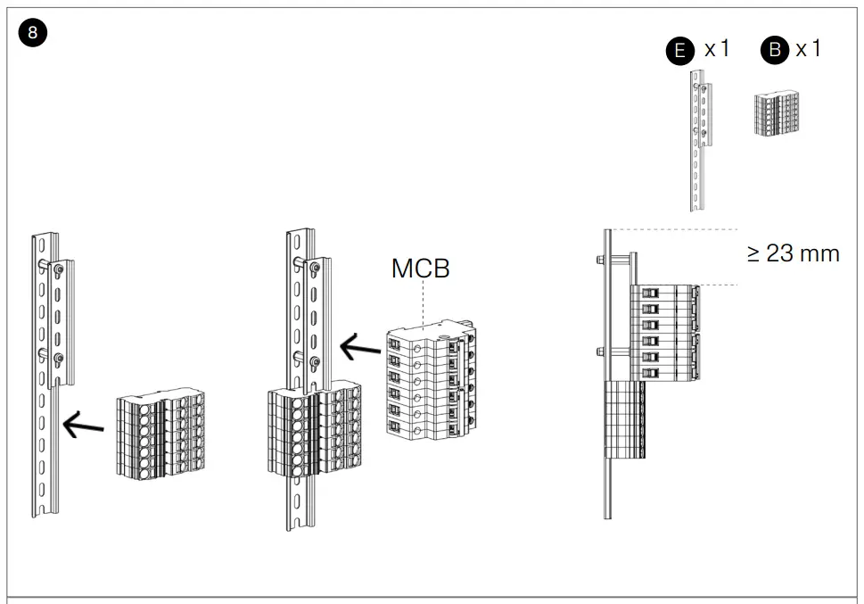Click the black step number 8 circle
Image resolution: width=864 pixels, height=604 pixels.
coord(33,34)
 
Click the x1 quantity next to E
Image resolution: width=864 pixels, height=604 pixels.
coord(717,49)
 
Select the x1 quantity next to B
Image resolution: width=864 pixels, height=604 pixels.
coord(808,49)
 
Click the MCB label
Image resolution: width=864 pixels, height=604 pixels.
coord(420,269)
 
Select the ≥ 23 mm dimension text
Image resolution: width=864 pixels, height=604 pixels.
coord(793,253)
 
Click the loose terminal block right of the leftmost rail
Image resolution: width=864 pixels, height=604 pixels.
coord(161,435)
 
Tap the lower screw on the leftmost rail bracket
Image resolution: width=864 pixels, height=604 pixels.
coord(58,359)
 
